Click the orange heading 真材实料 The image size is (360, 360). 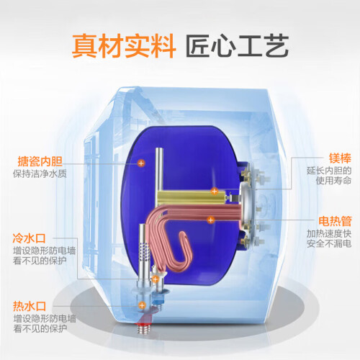[x=124, y=45]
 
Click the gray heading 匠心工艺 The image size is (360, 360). [x=237, y=45]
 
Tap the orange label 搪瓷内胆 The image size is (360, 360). [x=40, y=161]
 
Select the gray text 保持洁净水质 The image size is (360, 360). [x=40, y=174]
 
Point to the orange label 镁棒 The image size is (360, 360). [x=340, y=158]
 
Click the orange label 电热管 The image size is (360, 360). [x=335, y=221]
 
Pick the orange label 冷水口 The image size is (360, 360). [x=29, y=238]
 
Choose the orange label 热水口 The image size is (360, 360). [x=30, y=307]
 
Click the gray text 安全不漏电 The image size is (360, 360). [x=329, y=243]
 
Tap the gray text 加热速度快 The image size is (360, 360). [x=329, y=233]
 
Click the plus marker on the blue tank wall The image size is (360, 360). [x=141, y=163]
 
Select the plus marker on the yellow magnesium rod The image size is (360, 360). [x=214, y=191]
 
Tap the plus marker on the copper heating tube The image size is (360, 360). [x=211, y=220]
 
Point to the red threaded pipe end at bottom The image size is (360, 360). [x=145, y=328]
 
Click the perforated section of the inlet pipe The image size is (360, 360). [x=145, y=251]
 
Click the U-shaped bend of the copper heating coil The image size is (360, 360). [x=183, y=250]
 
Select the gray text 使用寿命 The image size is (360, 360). [x=333, y=181]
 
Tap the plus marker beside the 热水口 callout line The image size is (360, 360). [x=142, y=305]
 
